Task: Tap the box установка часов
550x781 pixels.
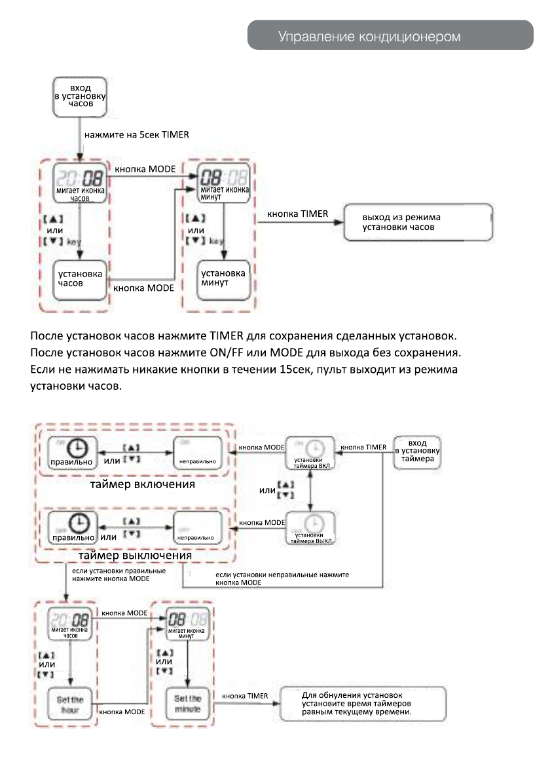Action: (79, 280)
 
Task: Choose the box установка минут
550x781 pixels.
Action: (223, 280)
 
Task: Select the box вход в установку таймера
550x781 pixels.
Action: (418, 451)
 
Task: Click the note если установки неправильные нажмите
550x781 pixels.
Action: (282, 578)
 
